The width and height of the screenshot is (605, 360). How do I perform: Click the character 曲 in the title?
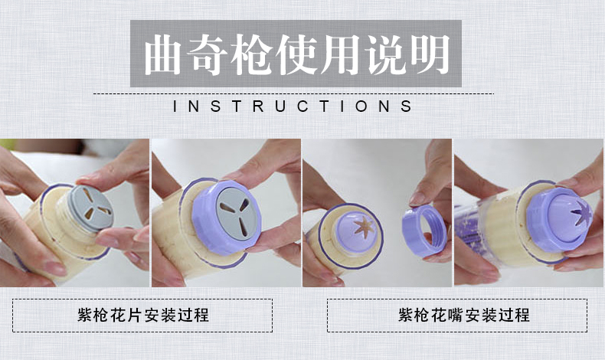pyautogui.click(x=163, y=55)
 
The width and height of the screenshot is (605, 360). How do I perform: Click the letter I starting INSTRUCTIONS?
pyautogui.click(x=175, y=106)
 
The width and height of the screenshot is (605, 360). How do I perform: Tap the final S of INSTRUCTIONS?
pyautogui.click(x=407, y=106)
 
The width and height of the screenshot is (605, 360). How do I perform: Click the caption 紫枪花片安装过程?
pyautogui.click(x=143, y=316)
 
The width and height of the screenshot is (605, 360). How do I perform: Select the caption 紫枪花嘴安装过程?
pyautogui.click(x=464, y=316)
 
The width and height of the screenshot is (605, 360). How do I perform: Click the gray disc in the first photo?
pyautogui.click(x=90, y=208)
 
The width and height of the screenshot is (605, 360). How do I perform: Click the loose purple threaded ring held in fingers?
pyautogui.click(x=423, y=231)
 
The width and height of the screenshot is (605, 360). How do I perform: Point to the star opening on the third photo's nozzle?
pyautogui.click(x=364, y=227)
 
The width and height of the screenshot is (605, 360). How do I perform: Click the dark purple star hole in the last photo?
pyautogui.click(x=580, y=214)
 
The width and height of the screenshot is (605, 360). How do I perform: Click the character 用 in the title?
pyautogui.click(x=341, y=55)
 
